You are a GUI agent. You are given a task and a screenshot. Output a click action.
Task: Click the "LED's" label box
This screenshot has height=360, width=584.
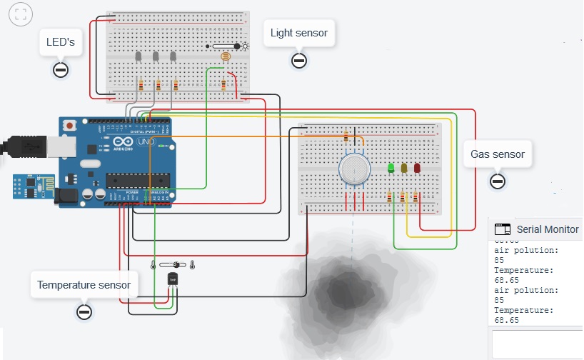[61, 43]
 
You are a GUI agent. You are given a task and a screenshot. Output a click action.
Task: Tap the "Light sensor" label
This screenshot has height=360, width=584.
[299, 33]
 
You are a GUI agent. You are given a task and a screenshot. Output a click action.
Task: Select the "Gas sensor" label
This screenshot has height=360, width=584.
[498, 154]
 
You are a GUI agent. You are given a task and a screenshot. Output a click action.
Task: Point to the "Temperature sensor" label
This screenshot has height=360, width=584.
[84, 285]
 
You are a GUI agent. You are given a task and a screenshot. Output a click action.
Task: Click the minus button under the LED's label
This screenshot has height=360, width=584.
[61, 70]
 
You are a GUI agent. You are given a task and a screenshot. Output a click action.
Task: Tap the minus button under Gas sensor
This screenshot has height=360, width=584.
[498, 181]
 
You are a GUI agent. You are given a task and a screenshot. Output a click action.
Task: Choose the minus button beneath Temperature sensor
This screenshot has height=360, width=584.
[84, 312]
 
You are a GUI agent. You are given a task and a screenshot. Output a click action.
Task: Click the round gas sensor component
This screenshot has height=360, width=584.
[353, 168]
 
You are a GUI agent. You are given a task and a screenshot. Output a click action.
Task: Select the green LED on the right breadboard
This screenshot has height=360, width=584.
[391, 169]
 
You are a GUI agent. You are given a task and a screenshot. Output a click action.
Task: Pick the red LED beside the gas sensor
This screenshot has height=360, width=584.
[417, 169]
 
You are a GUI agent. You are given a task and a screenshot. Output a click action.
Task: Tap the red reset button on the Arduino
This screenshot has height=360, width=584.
[69, 126]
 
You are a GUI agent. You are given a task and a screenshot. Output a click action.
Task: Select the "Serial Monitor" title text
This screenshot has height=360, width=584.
[548, 230]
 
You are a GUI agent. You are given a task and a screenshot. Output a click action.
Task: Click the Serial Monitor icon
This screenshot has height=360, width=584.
[503, 230]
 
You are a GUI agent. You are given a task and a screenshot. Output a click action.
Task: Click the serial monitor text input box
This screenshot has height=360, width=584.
[537, 343]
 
